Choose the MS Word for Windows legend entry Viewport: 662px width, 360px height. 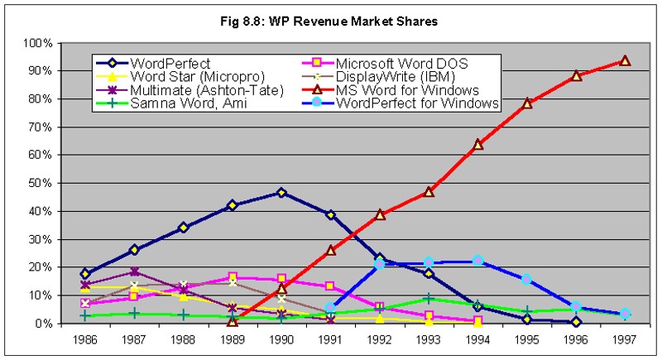click(405, 89)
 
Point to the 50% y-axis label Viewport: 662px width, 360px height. click(42, 183)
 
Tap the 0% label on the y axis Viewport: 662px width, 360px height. click(46, 324)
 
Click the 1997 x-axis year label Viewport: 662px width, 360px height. click(625, 339)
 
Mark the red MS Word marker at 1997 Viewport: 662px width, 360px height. click(625, 60)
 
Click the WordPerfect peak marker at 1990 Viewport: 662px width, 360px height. click(281, 193)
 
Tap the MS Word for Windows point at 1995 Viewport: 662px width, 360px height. click(527, 103)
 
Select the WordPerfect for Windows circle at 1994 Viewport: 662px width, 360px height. click(477, 261)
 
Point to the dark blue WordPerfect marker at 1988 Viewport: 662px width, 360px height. click(184, 228)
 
